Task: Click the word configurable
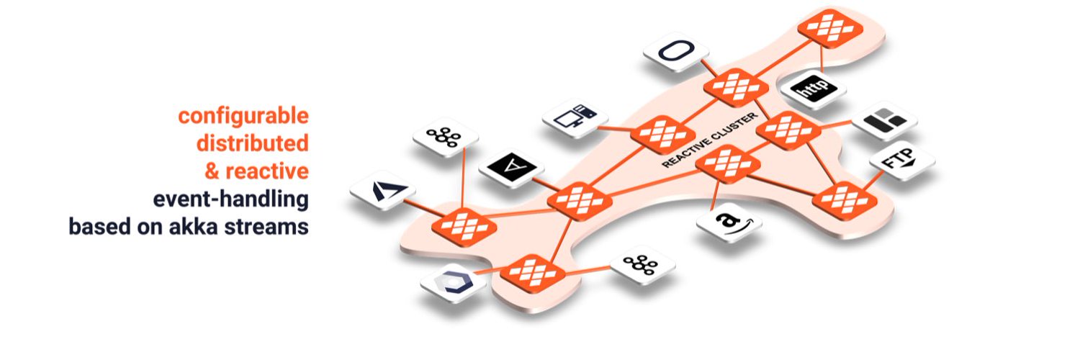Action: (243, 116)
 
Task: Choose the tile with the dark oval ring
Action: (676, 53)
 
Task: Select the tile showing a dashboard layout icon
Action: (884, 120)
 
